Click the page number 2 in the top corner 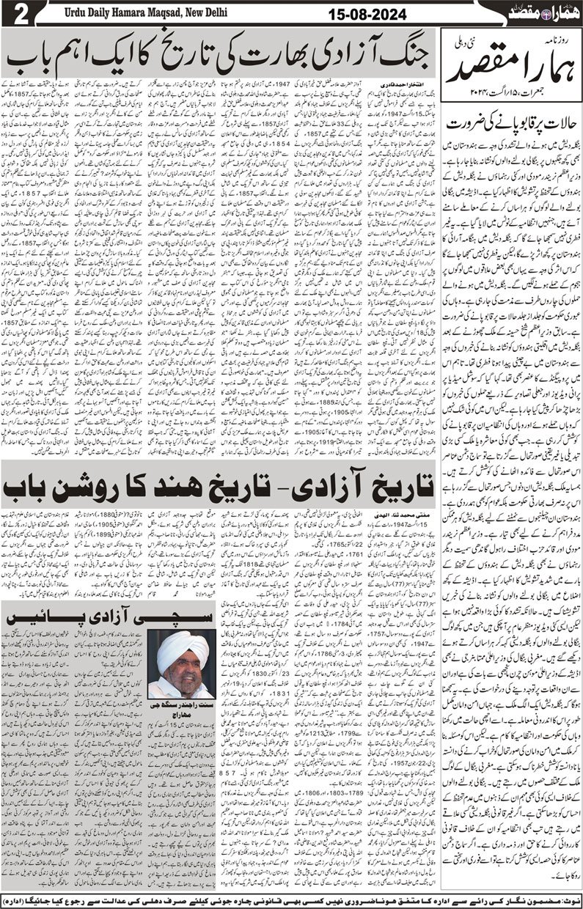pyautogui.click(x=15, y=15)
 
